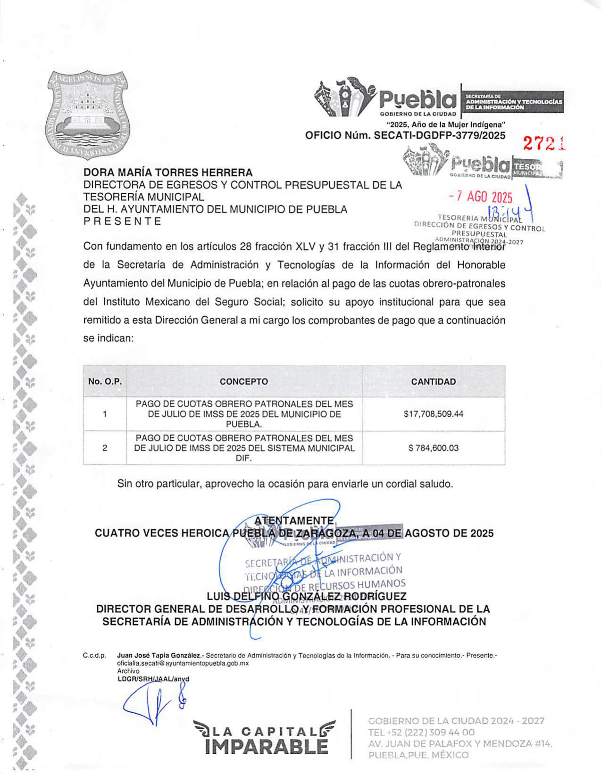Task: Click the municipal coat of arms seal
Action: (x=88, y=115)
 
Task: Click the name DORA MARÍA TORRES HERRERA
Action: (x=168, y=173)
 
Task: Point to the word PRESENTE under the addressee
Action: (x=122, y=221)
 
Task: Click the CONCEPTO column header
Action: (x=243, y=381)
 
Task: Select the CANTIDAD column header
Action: (x=433, y=381)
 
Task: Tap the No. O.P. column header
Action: (x=105, y=381)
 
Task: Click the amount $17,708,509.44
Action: (x=433, y=414)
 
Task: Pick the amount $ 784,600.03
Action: (x=433, y=448)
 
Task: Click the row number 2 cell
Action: (x=105, y=448)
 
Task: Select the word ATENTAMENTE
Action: (x=293, y=520)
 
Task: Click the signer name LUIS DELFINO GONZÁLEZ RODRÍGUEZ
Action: (x=306, y=597)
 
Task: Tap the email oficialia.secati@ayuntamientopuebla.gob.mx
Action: (x=183, y=663)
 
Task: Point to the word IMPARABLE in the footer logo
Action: (x=267, y=747)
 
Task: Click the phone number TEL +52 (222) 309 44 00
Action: (x=421, y=732)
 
